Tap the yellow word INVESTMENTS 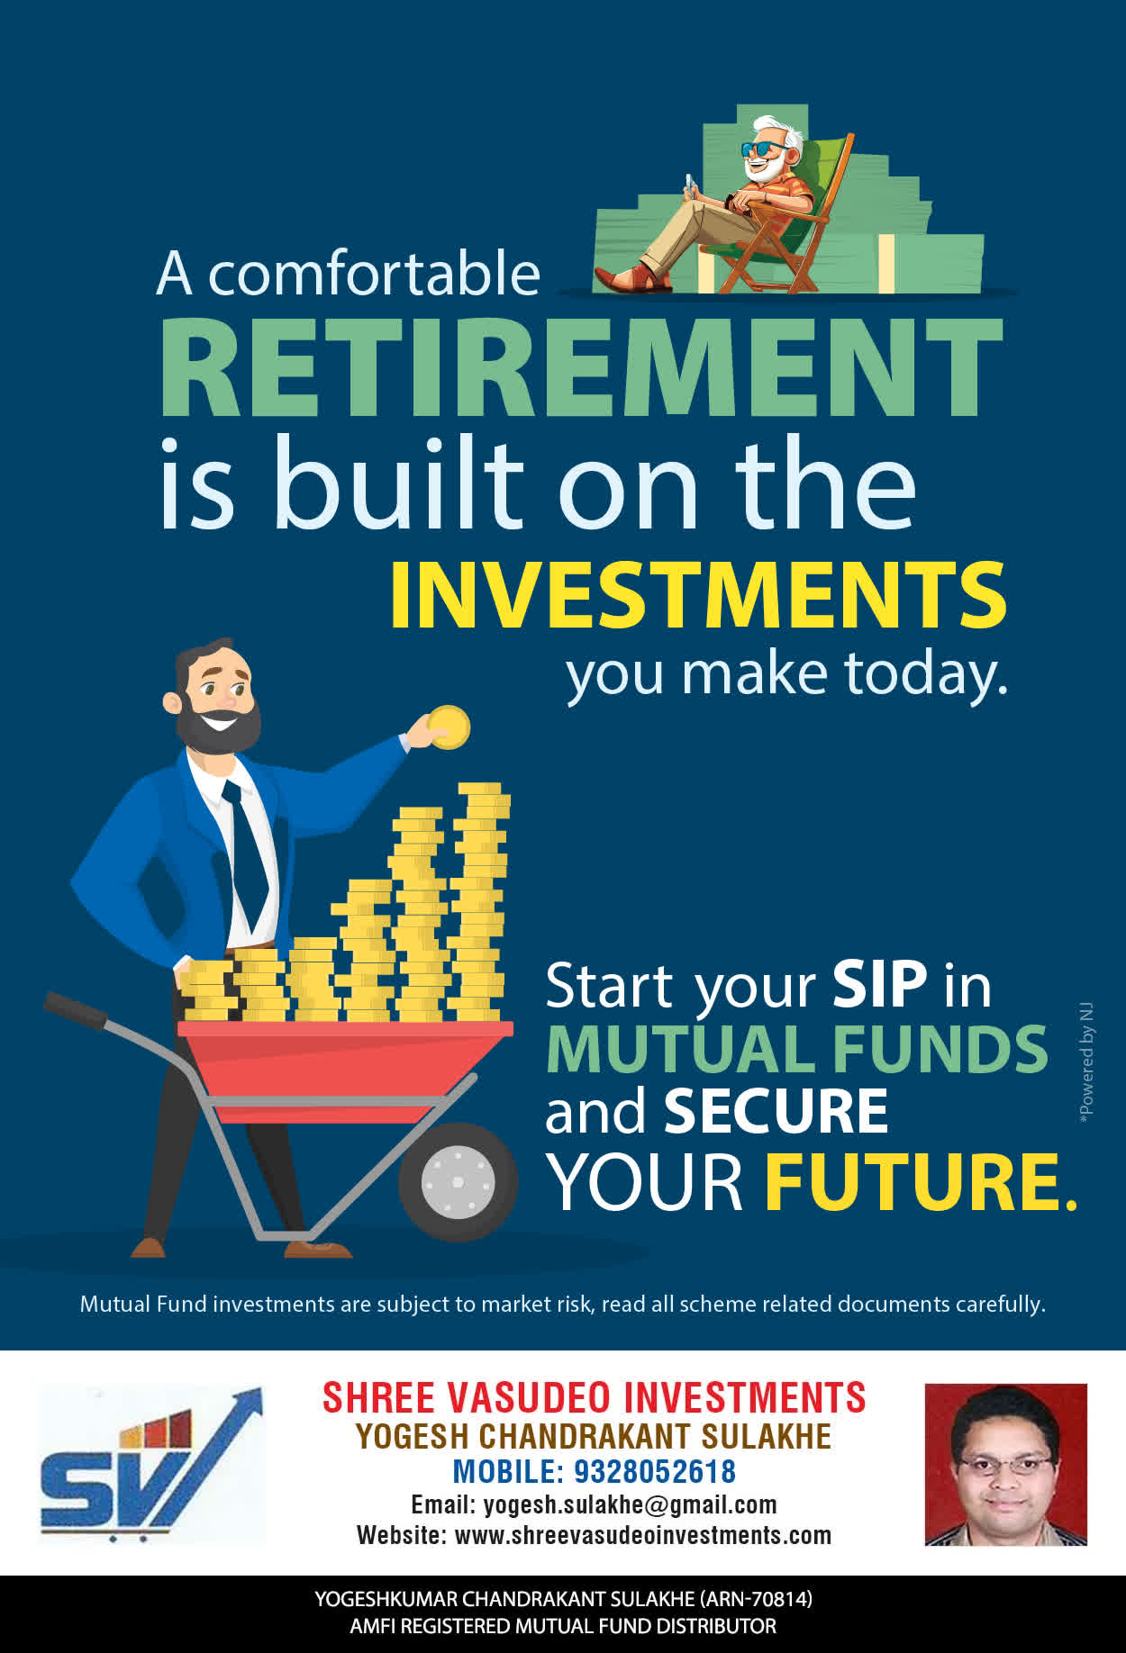pyautogui.click(x=698, y=595)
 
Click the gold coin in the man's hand pyautogui.click(x=449, y=727)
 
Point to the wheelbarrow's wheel pyautogui.click(x=458, y=1180)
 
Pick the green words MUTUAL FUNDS pyautogui.click(x=797, y=1049)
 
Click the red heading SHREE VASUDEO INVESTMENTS pyautogui.click(x=595, y=1398)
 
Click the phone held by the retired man pyautogui.click(x=690, y=184)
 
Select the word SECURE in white pyautogui.click(x=776, y=1111)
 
